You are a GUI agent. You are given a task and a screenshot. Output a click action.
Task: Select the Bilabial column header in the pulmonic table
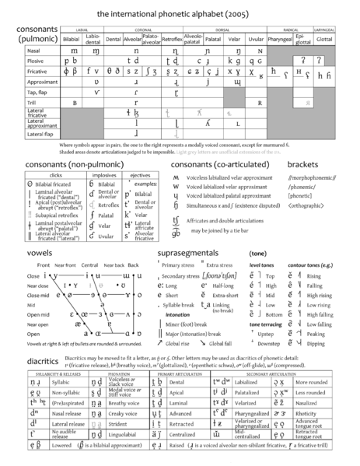pos(72,37)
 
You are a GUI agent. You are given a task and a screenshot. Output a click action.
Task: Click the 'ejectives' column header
pos(140,176)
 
